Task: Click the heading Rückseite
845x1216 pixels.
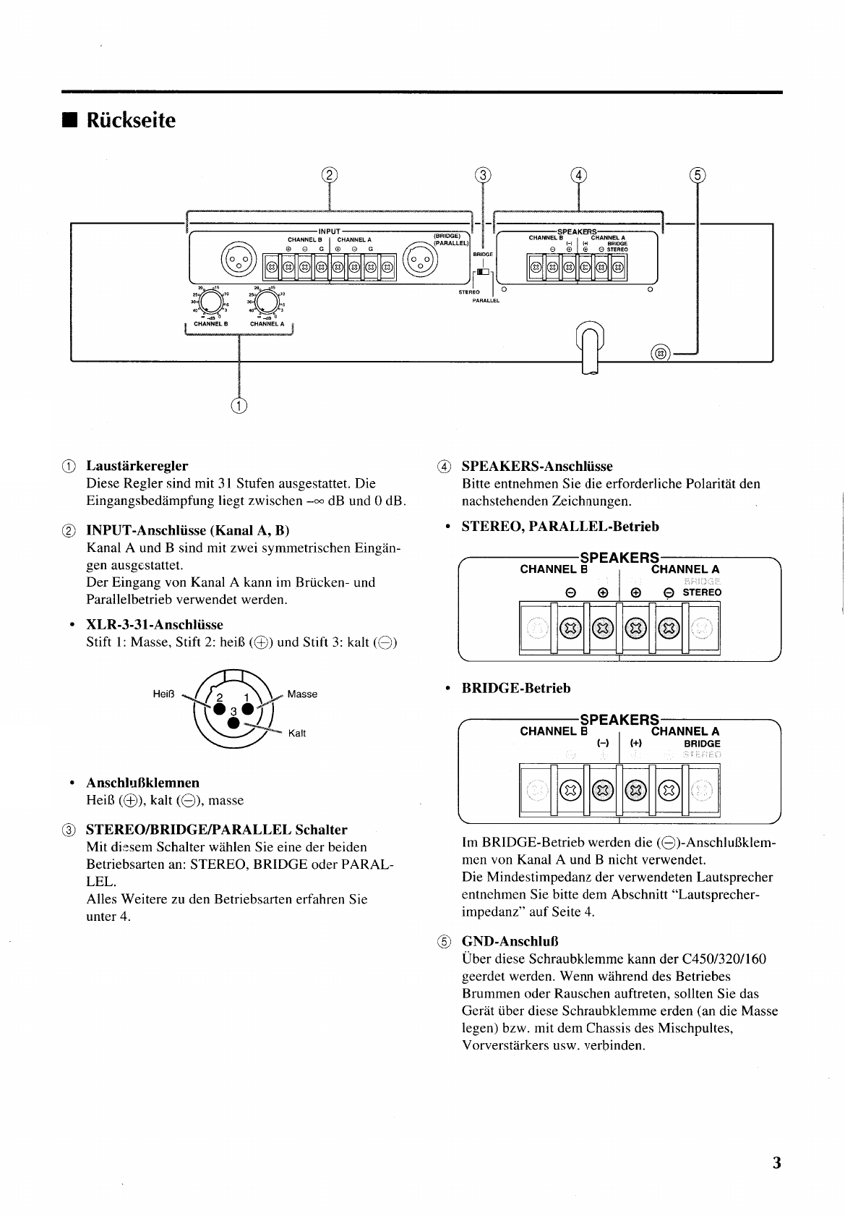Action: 130,121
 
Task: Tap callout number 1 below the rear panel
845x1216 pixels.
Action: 239,406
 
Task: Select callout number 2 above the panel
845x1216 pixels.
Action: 329,175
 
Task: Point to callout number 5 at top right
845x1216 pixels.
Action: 697,175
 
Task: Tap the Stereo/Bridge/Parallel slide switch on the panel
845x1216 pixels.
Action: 483,273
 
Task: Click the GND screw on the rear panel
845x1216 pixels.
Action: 659,353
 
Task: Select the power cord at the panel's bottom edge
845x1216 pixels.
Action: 591,351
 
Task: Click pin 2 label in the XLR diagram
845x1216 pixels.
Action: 219,698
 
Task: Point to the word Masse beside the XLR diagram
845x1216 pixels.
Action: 302,694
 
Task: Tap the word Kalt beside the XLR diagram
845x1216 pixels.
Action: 297,734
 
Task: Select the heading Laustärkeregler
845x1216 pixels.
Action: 137,466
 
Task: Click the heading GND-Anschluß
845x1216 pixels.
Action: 510,941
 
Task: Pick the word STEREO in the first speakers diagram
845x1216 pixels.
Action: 702,592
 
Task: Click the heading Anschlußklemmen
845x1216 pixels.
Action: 142,783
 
